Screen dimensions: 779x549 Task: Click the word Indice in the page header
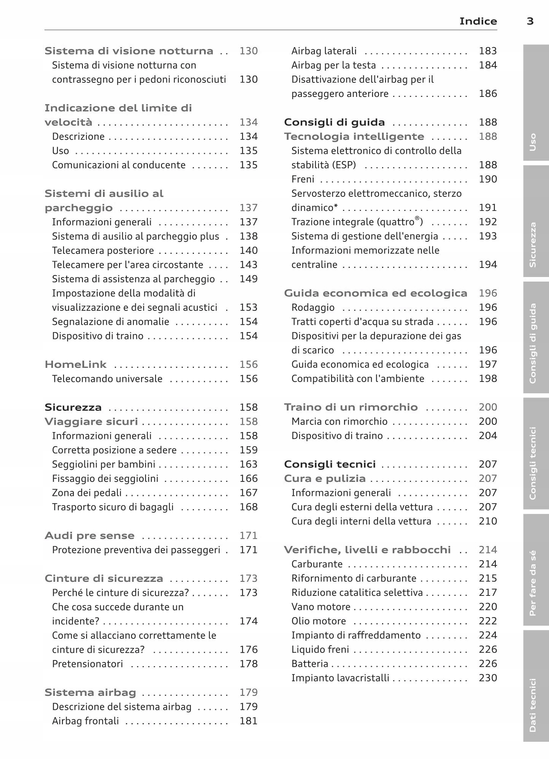coord(478,21)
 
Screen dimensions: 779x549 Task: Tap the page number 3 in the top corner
coord(530,21)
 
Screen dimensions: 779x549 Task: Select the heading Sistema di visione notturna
coord(129,51)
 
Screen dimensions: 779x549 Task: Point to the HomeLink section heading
coord(76,364)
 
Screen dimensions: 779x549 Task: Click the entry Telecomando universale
coord(107,379)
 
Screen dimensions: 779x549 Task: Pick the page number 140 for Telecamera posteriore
coord(249,250)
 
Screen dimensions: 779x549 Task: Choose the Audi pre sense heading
coord(90,535)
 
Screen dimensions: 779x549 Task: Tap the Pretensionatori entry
coord(87,664)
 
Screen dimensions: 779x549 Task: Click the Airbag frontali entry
coord(86,721)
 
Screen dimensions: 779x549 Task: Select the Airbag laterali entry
coord(324,51)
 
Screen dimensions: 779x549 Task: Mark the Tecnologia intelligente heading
coord(354,136)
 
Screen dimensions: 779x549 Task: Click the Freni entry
coord(303,179)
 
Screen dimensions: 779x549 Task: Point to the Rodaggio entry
coord(313,307)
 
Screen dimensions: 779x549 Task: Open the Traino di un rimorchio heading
coord(351,407)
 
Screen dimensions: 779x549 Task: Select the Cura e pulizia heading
coord(325,478)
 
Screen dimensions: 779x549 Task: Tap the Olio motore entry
coord(319,621)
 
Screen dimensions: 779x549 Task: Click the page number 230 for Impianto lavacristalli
coord(488,678)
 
